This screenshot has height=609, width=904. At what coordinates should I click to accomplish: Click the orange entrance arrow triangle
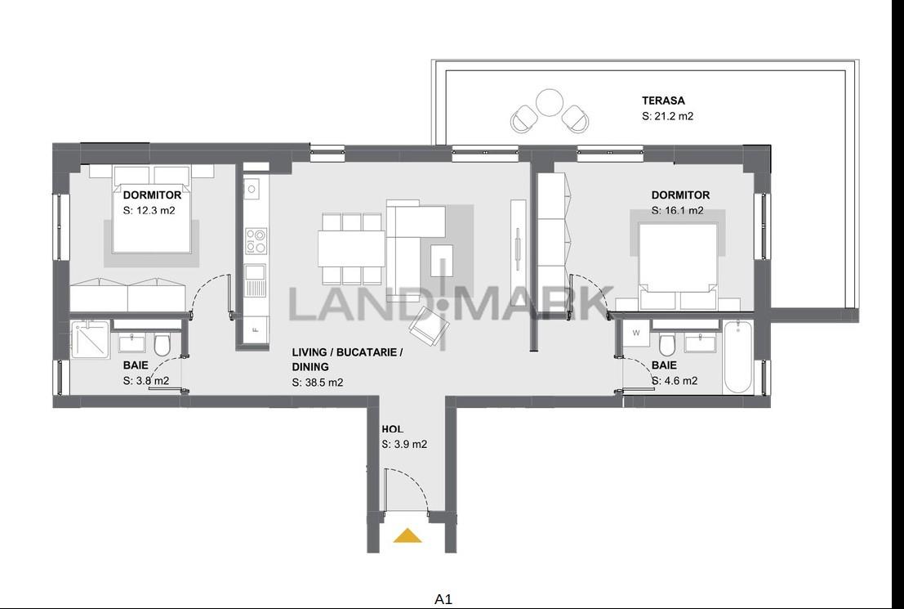407,536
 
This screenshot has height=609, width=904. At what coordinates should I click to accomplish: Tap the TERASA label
663,101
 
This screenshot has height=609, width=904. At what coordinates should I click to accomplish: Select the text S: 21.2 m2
667,116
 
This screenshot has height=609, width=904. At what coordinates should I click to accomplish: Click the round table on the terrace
549,102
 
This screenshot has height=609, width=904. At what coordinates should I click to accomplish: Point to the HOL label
392,429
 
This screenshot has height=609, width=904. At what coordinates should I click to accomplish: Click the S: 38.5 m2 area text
317,382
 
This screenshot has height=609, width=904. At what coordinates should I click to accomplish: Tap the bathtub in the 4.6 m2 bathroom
737,357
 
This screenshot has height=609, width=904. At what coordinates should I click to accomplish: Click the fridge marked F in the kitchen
256,331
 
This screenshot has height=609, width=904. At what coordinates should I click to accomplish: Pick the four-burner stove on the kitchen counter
256,240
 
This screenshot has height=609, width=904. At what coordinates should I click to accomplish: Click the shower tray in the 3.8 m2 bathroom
91,339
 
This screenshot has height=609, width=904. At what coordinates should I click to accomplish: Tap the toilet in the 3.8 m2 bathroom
162,345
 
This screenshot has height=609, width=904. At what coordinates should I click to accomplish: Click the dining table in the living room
351,249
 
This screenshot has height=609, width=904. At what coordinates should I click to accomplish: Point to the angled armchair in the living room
429,327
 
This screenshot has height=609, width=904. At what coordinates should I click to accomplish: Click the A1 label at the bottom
443,599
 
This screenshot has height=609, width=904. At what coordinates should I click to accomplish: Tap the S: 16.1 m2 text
678,211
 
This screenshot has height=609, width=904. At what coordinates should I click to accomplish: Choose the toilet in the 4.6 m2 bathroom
667,345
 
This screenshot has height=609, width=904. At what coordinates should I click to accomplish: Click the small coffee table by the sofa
442,260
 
